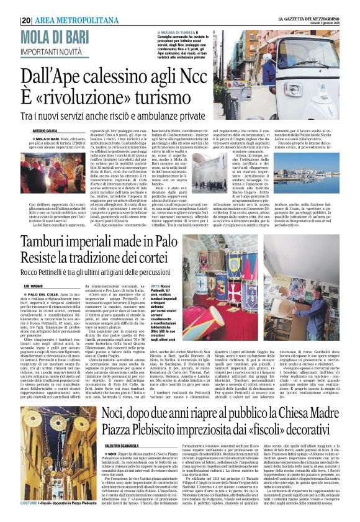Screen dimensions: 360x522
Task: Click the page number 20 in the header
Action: tap(25, 20)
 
